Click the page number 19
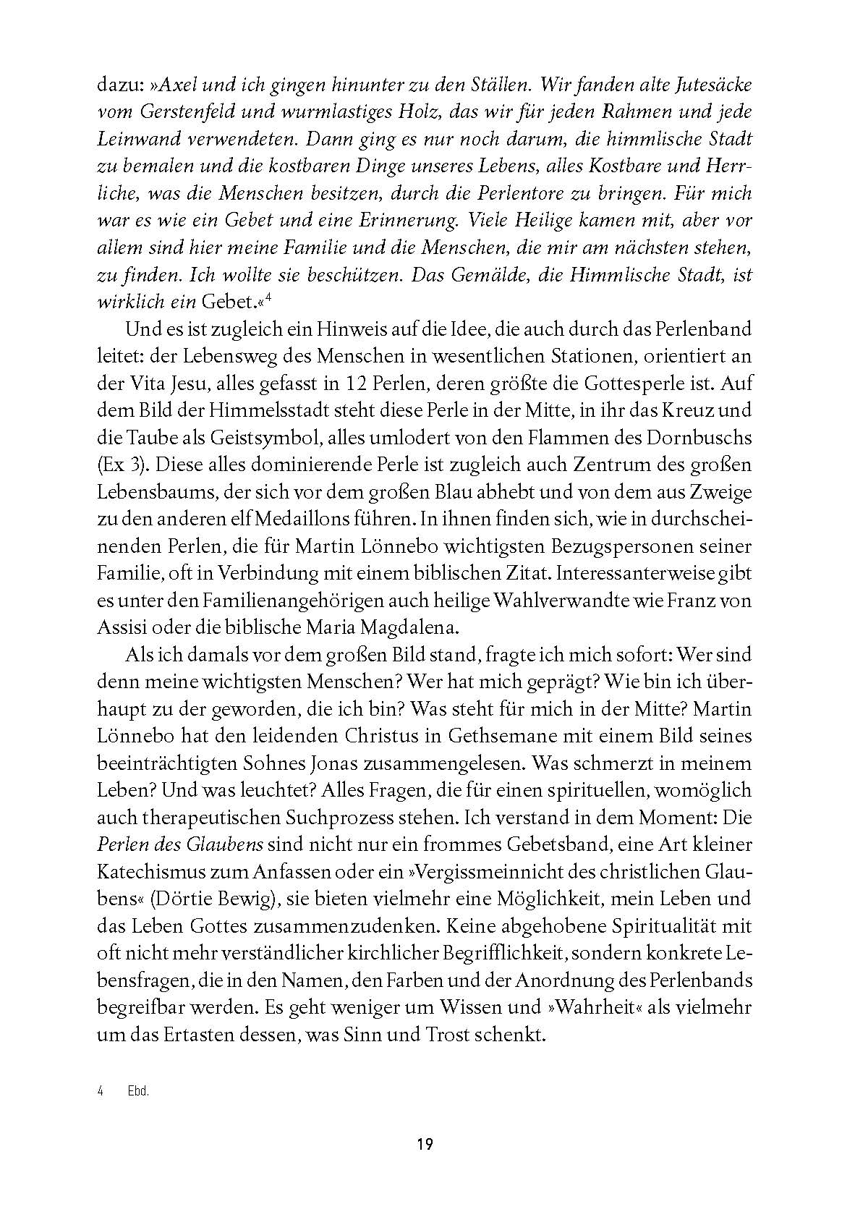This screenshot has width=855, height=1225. pyautogui.click(x=425, y=1145)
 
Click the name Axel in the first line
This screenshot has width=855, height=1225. pyautogui.click(x=179, y=85)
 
